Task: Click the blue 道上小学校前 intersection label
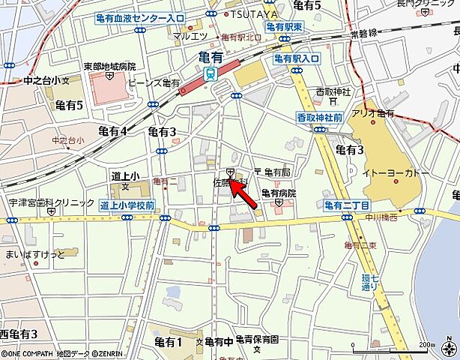tap(127, 204)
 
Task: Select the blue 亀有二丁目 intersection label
tap(347, 204)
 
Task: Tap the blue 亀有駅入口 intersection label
tap(297, 57)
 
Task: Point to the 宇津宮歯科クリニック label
tap(48, 202)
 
